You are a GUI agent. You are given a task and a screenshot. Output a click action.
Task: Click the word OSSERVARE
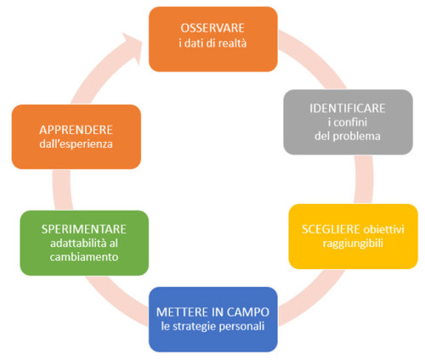click(212, 28)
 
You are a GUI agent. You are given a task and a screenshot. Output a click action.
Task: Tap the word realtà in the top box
click(232, 43)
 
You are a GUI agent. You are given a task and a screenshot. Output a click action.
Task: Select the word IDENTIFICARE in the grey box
click(348, 109)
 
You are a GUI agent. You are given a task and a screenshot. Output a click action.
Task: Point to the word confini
click(350, 122)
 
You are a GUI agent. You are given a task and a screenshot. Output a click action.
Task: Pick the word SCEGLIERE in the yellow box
click(331, 229)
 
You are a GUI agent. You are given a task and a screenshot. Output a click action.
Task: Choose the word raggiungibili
click(353, 244)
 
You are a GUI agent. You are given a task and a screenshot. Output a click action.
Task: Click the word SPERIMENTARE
click(84, 229)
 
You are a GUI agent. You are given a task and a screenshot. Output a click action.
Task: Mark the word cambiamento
click(84, 257)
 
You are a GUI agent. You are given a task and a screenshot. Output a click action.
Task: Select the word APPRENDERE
click(76, 130)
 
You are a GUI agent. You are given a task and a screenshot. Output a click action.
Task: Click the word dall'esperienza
click(76, 143)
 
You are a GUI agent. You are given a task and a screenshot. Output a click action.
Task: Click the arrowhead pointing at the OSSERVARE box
click(133, 45)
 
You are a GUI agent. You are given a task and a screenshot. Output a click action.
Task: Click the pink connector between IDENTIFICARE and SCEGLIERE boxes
click(364, 179)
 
